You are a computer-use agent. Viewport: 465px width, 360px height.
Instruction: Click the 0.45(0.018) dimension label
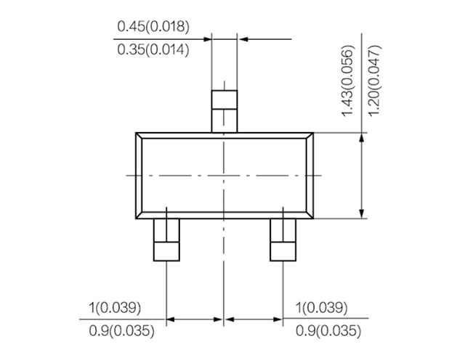click(153, 27)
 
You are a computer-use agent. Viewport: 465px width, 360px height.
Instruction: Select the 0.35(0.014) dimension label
click(153, 49)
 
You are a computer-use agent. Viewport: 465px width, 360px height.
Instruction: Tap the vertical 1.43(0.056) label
click(348, 81)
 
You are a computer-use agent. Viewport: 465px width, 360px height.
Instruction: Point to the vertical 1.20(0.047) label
click(375, 81)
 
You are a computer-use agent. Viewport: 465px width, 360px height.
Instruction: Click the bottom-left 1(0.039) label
click(115, 308)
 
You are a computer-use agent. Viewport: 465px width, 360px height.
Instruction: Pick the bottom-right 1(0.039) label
click(321, 308)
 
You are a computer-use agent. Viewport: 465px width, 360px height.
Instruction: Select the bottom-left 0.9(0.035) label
click(121, 331)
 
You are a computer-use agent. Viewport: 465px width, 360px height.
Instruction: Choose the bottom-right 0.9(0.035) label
click(328, 331)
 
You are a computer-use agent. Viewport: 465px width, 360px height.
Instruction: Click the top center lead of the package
click(225, 111)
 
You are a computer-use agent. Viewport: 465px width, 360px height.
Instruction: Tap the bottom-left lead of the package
click(166, 240)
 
